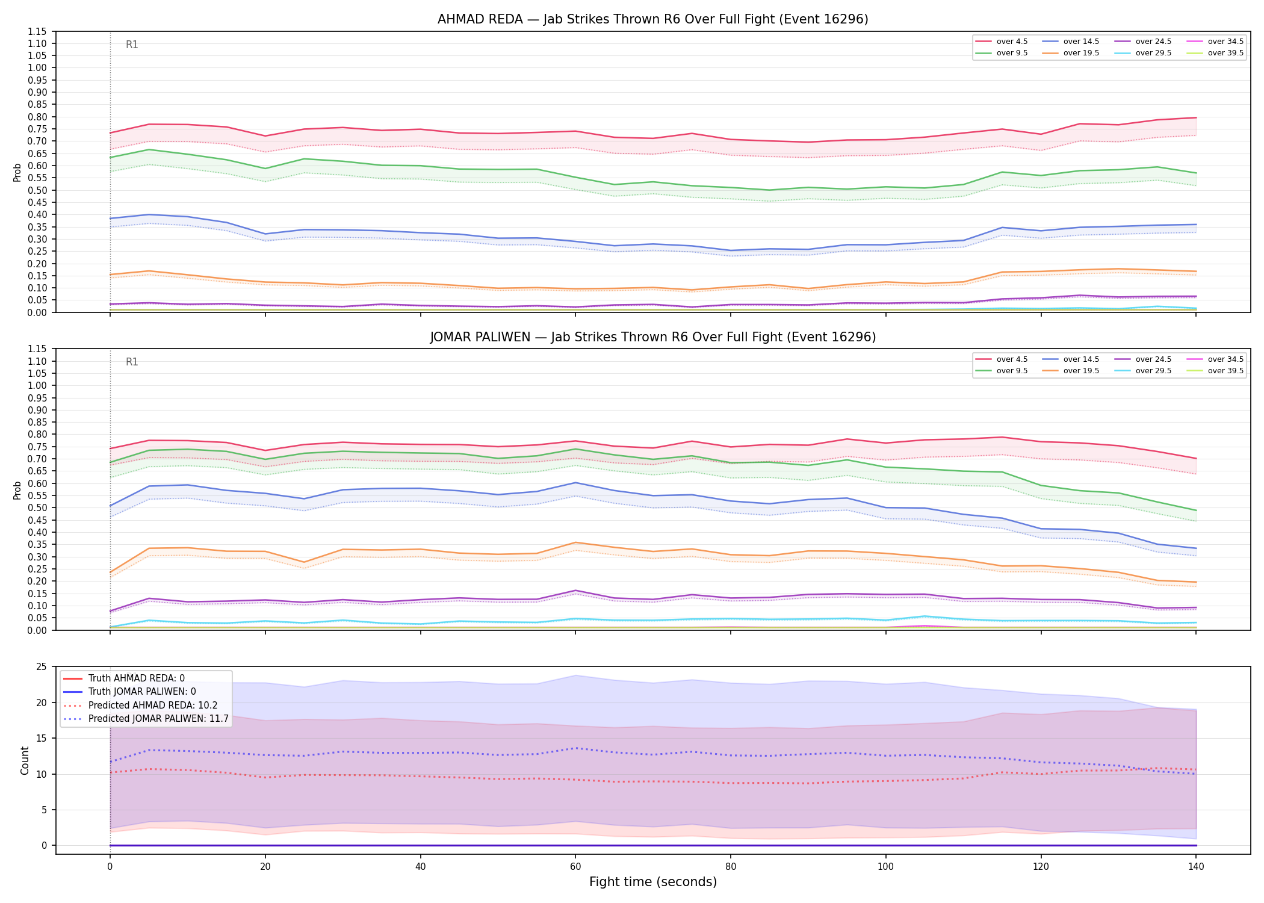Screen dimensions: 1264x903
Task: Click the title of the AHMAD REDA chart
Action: click(652, 19)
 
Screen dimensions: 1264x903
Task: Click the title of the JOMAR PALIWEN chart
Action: click(652, 337)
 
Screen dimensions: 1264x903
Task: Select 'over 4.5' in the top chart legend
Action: click(1012, 42)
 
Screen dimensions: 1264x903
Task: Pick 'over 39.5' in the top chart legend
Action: click(1225, 53)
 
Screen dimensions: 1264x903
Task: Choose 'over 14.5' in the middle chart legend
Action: click(1081, 359)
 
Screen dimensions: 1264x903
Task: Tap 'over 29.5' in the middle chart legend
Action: click(1153, 371)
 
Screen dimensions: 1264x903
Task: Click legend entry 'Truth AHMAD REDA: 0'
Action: click(137, 678)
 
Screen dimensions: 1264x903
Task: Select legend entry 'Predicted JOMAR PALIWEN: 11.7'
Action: click(158, 719)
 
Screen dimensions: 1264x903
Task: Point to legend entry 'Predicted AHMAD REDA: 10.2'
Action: click(153, 706)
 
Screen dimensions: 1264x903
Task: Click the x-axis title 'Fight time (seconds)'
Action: click(653, 882)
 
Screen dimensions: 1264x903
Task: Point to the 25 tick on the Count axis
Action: click(42, 667)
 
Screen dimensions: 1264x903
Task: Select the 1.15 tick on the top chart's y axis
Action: click(37, 31)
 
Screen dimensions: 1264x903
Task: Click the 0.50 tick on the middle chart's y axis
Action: click(37, 507)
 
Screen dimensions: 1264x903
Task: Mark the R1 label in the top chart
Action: click(132, 45)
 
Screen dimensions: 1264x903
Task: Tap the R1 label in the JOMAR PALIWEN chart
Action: click(132, 362)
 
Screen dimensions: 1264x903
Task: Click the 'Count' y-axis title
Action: click(25, 760)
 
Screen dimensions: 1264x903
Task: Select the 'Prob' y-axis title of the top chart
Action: click(17, 172)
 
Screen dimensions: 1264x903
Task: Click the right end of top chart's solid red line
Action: click(1196, 117)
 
